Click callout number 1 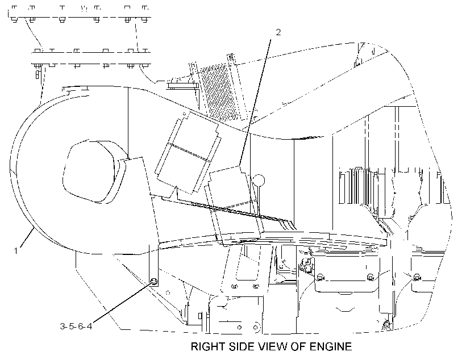(x=16, y=251)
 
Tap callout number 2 (x=278, y=32)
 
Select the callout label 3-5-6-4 (x=76, y=326)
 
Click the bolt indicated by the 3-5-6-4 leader (x=154, y=281)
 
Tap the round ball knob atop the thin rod (x=259, y=181)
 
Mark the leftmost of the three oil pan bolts (x=321, y=277)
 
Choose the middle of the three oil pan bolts (x=371, y=277)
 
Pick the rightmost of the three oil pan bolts (x=417, y=277)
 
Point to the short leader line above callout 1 (x=27, y=236)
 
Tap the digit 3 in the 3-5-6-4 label (x=63, y=326)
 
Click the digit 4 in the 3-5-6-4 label (x=89, y=326)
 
